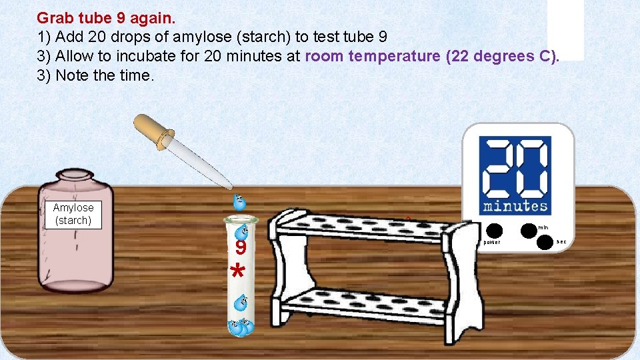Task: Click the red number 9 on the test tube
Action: pyautogui.click(x=241, y=249)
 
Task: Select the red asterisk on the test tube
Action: pyautogui.click(x=237, y=272)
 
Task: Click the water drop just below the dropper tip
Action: pyautogui.click(x=238, y=201)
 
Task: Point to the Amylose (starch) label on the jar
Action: pyautogui.click(x=73, y=214)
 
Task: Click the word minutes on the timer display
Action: pyautogui.click(x=516, y=206)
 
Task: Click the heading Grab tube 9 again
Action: pyautogui.click(x=106, y=17)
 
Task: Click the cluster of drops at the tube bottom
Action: pyautogui.click(x=240, y=327)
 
